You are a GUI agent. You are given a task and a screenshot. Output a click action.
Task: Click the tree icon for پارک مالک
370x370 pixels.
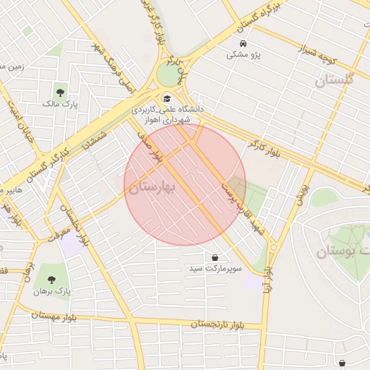click(x=60, y=92)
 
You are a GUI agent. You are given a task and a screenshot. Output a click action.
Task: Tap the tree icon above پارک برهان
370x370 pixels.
click(x=51, y=280)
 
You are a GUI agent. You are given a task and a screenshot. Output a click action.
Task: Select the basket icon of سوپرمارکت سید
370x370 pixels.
click(x=215, y=257)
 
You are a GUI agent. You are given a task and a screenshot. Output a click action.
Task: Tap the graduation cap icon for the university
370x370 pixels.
click(x=167, y=99)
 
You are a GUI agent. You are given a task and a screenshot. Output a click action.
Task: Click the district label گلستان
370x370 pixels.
click(x=335, y=80)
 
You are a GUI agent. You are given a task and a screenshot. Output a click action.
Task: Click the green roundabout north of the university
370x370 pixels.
click(x=171, y=74)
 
